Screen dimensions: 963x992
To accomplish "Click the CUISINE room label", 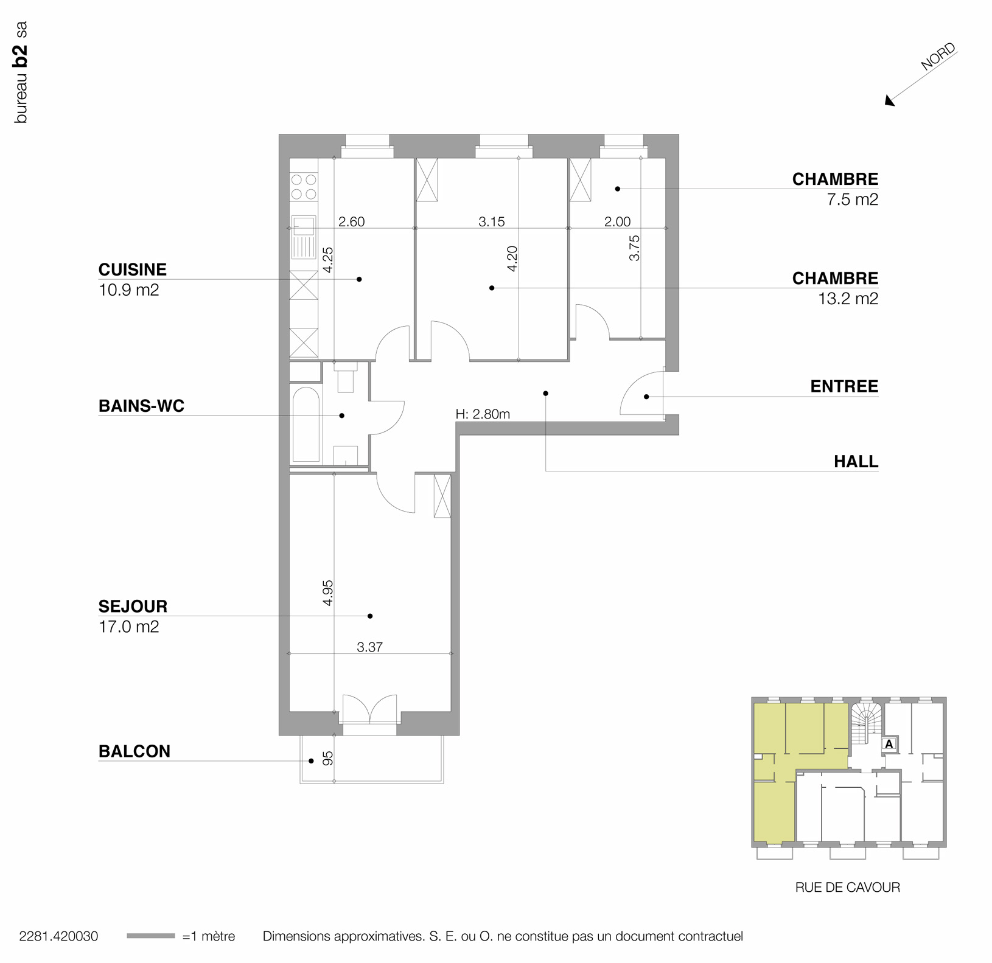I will [x=132, y=269].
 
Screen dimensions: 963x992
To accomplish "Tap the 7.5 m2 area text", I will [x=852, y=200].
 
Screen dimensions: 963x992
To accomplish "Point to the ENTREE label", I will [x=844, y=386].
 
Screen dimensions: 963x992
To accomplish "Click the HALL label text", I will [x=856, y=462].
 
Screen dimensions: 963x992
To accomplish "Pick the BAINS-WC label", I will [x=141, y=406].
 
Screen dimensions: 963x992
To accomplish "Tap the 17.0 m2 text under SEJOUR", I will [x=128, y=627].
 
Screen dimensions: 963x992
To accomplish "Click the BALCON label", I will [x=134, y=751].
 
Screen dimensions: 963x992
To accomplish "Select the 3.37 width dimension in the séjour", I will [x=369, y=647].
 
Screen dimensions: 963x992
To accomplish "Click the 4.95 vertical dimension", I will [x=328, y=593].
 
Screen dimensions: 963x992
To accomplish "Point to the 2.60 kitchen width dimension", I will [x=351, y=221].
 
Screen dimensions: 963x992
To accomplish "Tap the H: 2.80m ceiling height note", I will [x=483, y=414].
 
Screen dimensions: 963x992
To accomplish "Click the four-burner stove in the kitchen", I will [x=304, y=187].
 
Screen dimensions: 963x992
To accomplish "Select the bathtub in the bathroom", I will [x=306, y=425].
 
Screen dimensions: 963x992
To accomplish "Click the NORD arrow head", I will [x=890, y=102].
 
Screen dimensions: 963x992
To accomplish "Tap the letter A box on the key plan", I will [x=889, y=743].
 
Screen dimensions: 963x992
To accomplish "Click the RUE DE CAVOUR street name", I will [x=847, y=887].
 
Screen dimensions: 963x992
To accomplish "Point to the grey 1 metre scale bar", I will [x=150, y=936].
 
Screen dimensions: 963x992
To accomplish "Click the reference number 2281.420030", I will [x=58, y=936].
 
